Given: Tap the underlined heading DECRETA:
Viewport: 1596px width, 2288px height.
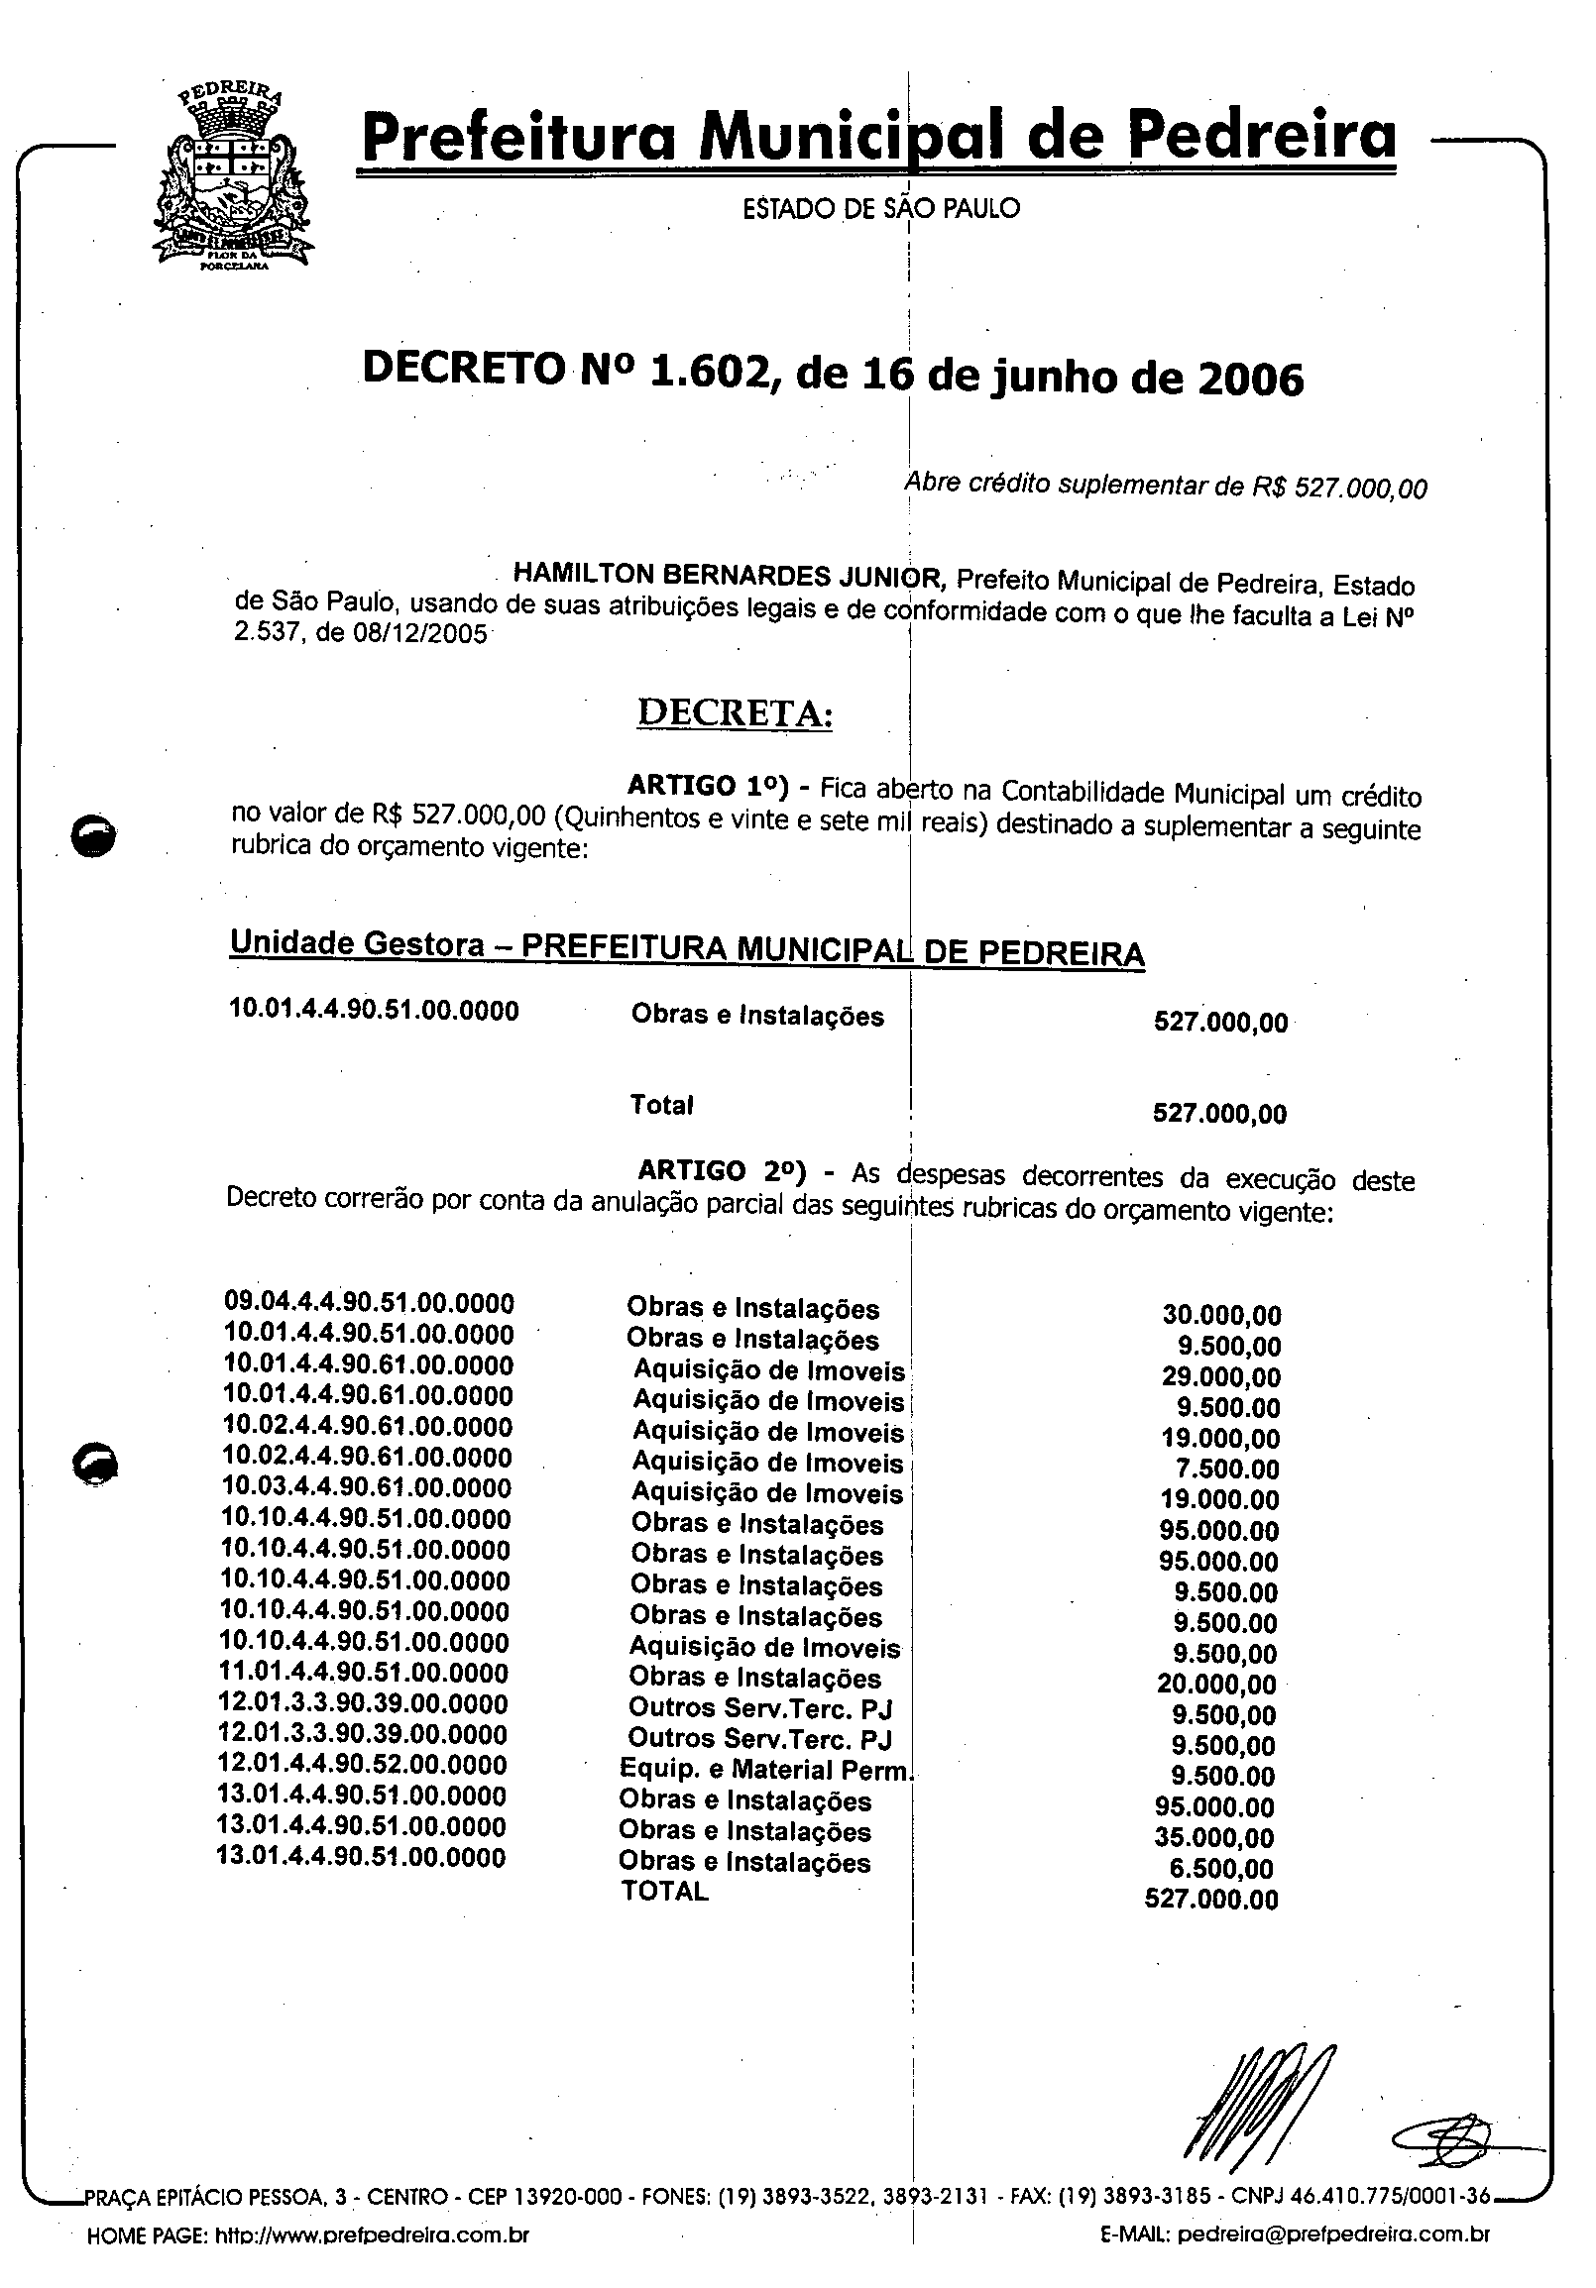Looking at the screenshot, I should [734, 712].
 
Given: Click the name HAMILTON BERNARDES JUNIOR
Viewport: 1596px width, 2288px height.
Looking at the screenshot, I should [727, 575].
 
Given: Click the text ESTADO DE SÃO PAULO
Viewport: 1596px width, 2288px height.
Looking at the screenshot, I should [881, 208].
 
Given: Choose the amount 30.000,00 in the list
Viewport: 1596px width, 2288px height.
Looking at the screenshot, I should [1221, 1314].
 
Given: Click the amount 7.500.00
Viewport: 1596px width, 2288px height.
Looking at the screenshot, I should [1227, 1469].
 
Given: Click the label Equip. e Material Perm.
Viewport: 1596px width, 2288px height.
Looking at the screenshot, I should [765, 1770].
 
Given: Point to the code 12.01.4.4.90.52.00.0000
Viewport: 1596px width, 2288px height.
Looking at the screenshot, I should [363, 1765].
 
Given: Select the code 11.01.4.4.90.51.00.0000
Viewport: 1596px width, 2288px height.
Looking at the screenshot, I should [364, 1674].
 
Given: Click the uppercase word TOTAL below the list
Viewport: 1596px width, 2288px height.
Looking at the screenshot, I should [665, 1892].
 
